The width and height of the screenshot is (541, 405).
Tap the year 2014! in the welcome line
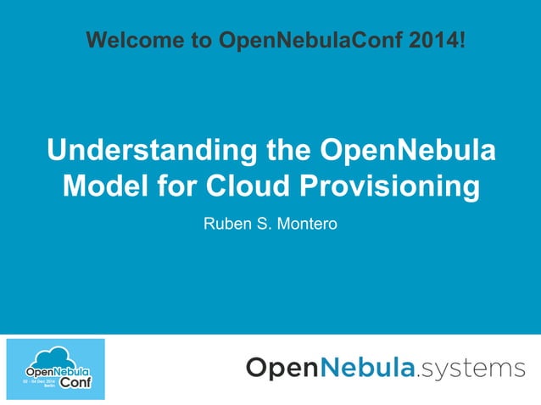tap(436, 40)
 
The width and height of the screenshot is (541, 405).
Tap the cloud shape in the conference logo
tap(54, 358)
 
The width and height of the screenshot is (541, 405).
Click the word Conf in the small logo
tap(74, 383)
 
